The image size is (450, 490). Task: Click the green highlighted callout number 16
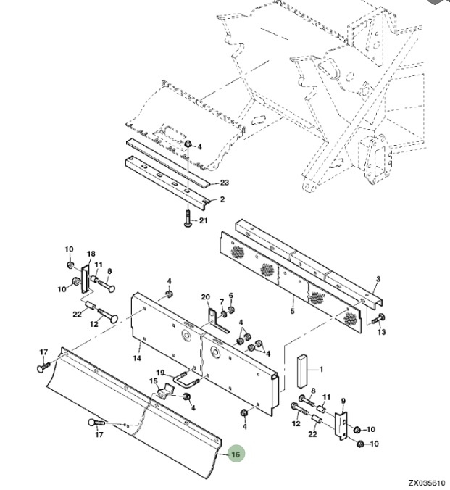pos(236,454)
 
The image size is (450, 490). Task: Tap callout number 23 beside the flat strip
pos(225,183)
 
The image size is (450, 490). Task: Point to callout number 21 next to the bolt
pos(204,220)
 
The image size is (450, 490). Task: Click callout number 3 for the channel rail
pos(378,279)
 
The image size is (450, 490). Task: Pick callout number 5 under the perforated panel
pos(292,311)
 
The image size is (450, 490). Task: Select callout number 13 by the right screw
pos(382,331)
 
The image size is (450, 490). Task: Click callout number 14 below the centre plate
pos(137,358)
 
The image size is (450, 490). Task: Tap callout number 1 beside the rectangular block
pos(321,370)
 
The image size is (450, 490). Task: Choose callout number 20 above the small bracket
pos(206,297)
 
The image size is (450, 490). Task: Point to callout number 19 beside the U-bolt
pos(160,373)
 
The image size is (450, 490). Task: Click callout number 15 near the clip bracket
pos(154,381)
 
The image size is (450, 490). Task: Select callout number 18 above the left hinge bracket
pos(91,254)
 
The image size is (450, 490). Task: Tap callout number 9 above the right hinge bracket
pos(343,401)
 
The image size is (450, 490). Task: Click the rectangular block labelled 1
pos(302,371)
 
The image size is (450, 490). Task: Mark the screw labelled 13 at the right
pos(378,320)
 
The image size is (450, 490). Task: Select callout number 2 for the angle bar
pos(222,199)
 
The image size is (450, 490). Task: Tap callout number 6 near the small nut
pos(231,296)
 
